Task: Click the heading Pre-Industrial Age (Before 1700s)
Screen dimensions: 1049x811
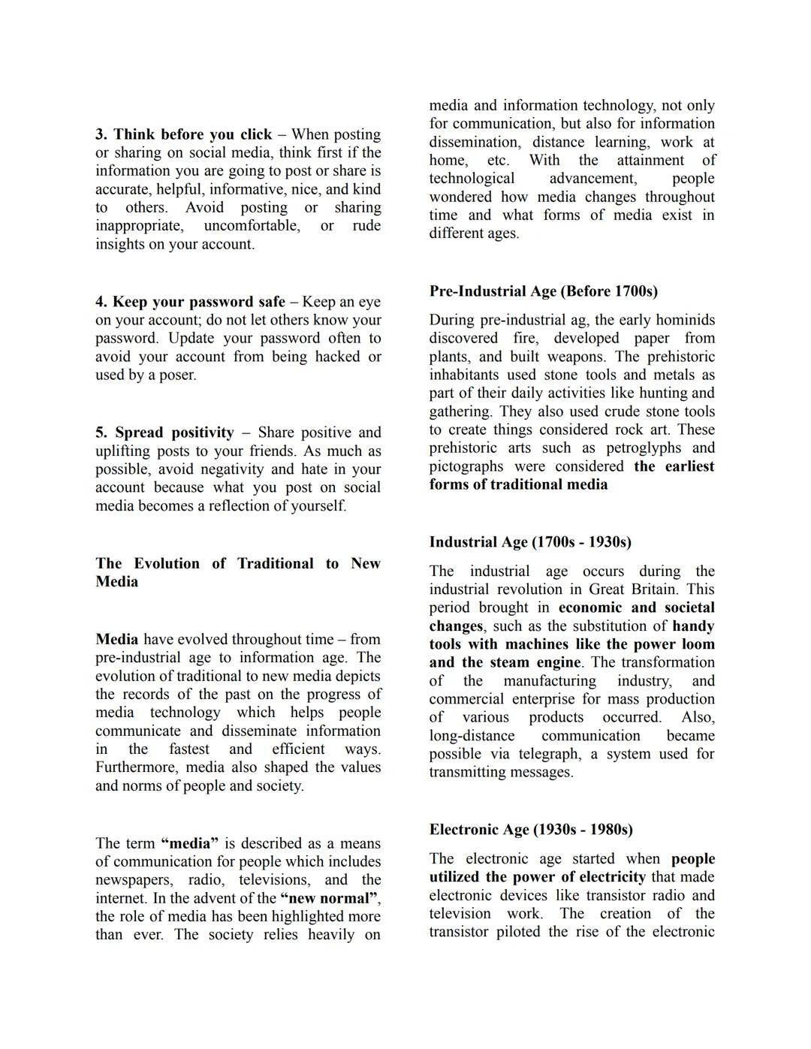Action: tap(543, 291)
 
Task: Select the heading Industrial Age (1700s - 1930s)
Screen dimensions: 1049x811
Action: tap(530, 542)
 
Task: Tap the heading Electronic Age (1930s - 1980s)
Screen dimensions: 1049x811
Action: tap(531, 830)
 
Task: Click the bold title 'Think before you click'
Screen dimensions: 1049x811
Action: tap(193, 135)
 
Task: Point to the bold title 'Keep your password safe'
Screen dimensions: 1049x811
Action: tap(199, 303)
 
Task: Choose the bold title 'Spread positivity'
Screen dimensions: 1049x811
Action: tap(174, 433)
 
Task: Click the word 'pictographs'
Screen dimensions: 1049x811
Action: tap(466, 466)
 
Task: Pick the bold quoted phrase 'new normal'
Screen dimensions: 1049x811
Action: tap(329, 899)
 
